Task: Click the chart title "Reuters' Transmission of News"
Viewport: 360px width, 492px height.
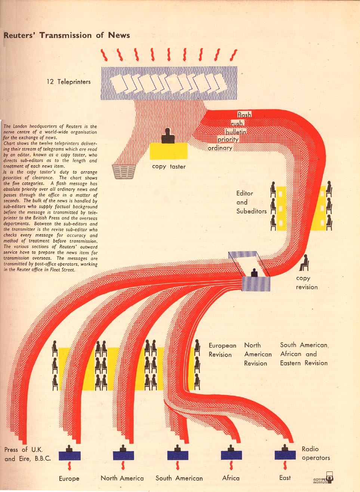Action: pos(67,36)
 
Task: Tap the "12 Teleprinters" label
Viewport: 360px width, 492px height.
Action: pos(68,82)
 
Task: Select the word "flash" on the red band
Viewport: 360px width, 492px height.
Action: pos(244,115)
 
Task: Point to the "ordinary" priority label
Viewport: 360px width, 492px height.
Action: pos(220,148)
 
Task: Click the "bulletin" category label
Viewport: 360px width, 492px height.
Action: pos(236,132)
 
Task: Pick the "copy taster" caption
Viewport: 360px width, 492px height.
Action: pos(169,166)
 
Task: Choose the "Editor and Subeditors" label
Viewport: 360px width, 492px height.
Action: pos(251,202)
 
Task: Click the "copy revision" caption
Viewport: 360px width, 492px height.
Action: pos(307,283)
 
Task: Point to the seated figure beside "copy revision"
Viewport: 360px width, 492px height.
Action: pos(305,263)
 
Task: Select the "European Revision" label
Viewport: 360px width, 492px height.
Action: pos(222,350)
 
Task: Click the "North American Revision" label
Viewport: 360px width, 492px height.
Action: pos(258,354)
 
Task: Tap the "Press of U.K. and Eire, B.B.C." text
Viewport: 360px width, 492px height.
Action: pos(27,454)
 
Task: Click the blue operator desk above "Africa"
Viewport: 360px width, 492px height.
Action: pos(231,455)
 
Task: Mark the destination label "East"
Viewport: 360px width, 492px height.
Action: pos(285,478)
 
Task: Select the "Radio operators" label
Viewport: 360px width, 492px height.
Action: pos(316,453)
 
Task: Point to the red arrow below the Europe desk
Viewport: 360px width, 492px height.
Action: pos(69,466)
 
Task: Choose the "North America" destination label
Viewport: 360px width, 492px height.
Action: pos(122,478)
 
